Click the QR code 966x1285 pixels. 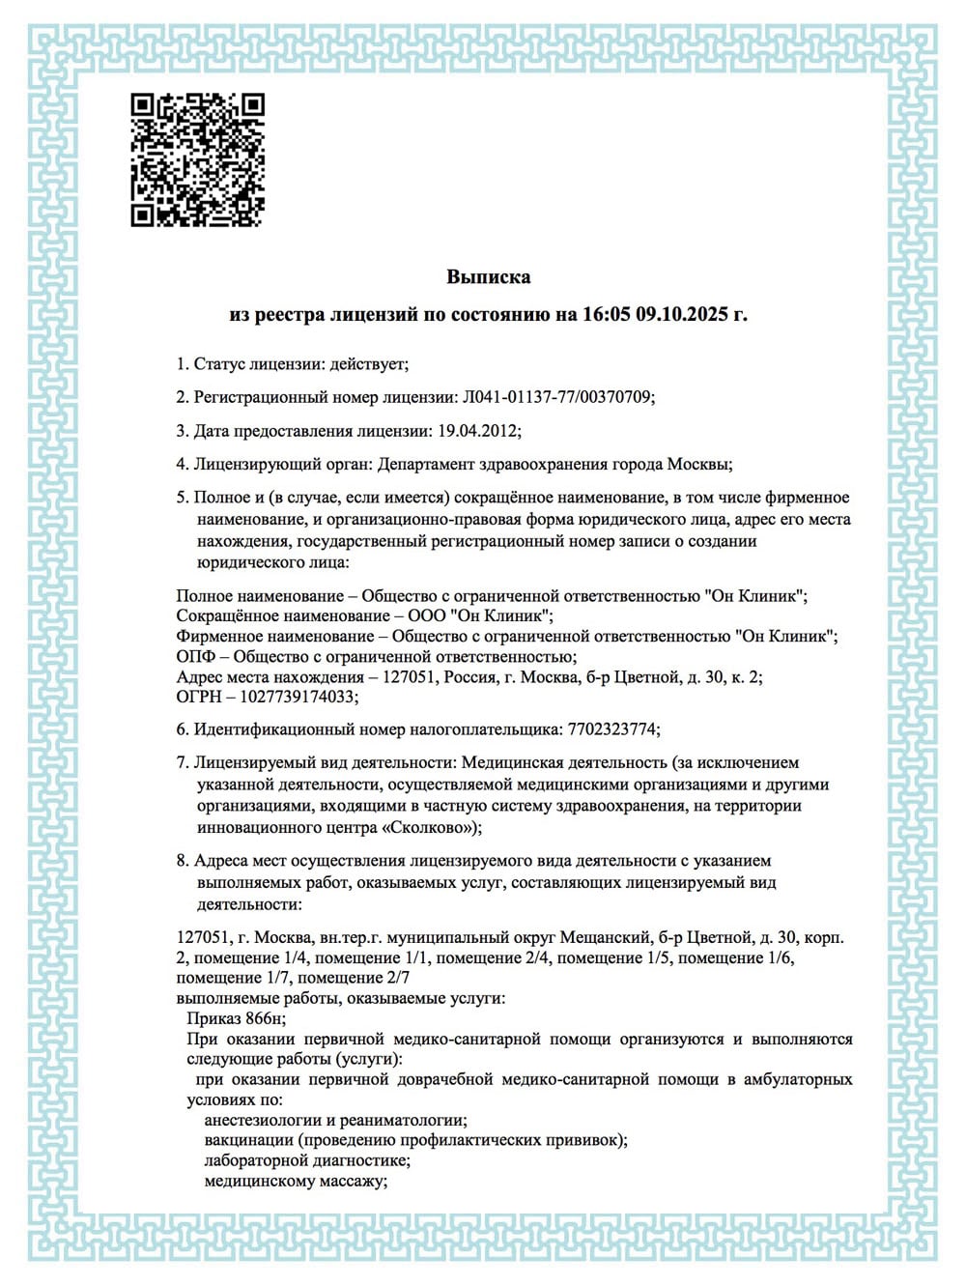click(x=197, y=159)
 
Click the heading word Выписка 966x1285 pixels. click(x=488, y=277)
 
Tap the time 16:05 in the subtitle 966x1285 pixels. click(x=605, y=315)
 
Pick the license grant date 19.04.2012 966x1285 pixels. click(x=478, y=431)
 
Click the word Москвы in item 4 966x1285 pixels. click(x=698, y=464)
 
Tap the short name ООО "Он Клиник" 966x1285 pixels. click(x=486, y=615)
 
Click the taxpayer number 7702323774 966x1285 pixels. click(x=609, y=729)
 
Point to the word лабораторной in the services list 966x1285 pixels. click(x=256, y=1160)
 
